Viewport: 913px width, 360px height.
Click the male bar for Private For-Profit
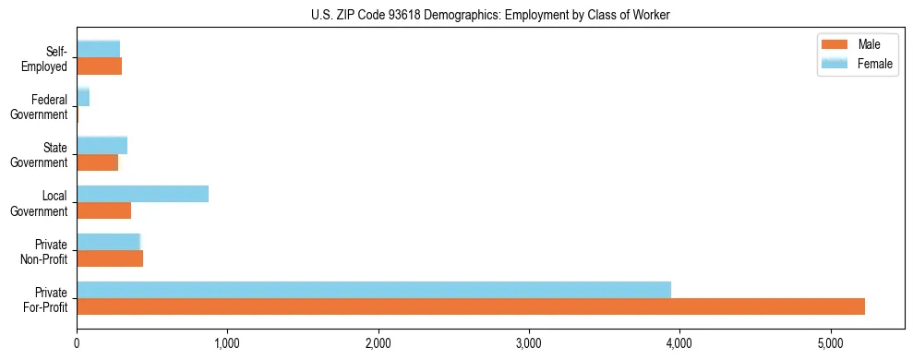(471, 307)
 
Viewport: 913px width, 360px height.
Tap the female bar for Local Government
(142, 194)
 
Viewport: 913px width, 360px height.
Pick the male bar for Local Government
(103, 210)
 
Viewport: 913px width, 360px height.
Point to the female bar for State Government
(102, 145)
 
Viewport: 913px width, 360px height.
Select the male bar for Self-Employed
(99, 66)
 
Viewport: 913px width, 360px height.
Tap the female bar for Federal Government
(83, 97)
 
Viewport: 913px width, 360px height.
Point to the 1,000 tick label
(227, 343)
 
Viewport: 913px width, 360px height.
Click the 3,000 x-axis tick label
(529, 343)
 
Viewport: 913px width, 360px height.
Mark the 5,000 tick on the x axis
(831, 343)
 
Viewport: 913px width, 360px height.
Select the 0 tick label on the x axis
(77, 343)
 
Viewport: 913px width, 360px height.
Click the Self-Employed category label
(48, 58)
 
